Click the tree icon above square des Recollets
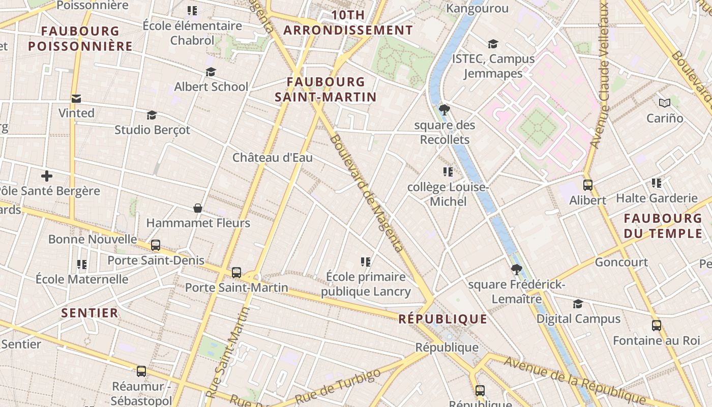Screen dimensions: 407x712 click(444, 109)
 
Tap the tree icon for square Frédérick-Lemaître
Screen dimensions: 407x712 click(517, 270)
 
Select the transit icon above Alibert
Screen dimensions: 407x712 click(588, 185)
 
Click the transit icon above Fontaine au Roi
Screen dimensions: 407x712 click(657, 325)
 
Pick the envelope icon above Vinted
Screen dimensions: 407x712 click(76, 98)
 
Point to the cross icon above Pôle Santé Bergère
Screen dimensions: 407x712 click(47, 177)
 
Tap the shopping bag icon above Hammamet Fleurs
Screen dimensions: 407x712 click(198, 208)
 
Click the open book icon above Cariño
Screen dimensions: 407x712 click(665, 103)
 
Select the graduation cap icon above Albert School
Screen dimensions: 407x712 click(211, 72)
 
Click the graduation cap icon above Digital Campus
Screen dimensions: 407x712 click(578, 304)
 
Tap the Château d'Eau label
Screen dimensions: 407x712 click(273, 158)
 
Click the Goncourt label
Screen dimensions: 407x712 click(621, 263)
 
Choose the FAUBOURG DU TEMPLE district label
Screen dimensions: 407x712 click(663, 226)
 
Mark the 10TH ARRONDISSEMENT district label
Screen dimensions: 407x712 click(348, 23)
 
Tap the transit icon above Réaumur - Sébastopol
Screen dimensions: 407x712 click(141, 371)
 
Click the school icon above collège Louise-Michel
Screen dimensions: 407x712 click(448, 172)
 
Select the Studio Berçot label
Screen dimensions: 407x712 click(152, 130)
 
